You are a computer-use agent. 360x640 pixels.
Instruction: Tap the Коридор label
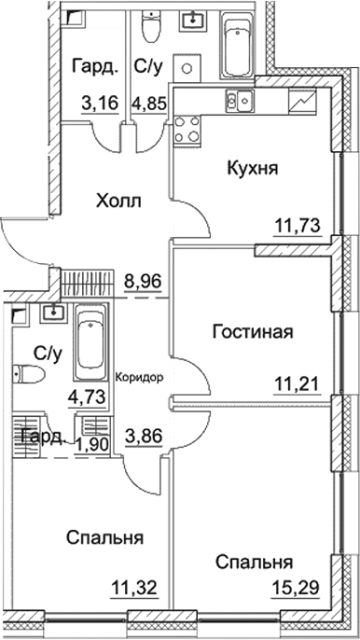(x=141, y=379)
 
